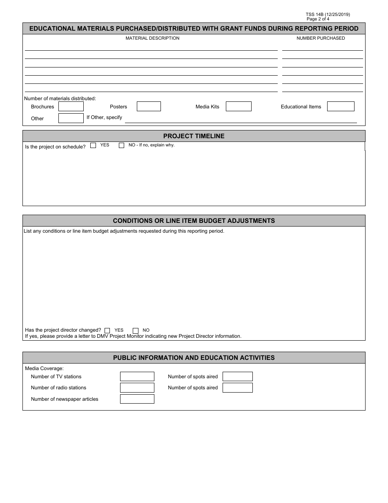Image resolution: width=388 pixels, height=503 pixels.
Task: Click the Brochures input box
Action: [x=71, y=106]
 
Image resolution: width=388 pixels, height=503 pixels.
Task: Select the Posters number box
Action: [x=149, y=106]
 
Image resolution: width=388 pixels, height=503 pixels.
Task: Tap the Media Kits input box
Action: [x=239, y=106]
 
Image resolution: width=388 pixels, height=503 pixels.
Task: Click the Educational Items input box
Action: [x=341, y=106]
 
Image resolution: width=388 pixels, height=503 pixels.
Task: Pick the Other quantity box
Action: [x=71, y=118]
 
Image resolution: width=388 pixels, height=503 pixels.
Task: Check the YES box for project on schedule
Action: [x=93, y=145]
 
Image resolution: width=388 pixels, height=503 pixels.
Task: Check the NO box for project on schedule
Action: [x=121, y=145]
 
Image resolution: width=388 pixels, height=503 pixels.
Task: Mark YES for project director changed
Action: [x=107, y=330]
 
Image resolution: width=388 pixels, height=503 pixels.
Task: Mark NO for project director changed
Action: [x=136, y=330]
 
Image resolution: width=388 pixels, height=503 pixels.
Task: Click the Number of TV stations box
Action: [x=137, y=376]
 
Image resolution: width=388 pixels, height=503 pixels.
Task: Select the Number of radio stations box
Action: [x=137, y=388]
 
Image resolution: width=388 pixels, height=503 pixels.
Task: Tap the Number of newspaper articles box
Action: [x=137, y=399]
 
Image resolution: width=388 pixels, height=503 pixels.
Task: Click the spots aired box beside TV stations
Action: [x=238, y=376]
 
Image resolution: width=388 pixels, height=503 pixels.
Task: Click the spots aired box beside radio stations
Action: [x=238, y=388]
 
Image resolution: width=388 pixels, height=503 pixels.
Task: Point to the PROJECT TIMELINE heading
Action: [x=194, y=136]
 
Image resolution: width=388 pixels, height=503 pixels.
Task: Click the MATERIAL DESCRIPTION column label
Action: [x=152, y=38]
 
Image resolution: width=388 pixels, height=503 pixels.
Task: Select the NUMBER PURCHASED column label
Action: [x=321, y=38]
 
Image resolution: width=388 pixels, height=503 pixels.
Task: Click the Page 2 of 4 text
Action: [x=318, y=19]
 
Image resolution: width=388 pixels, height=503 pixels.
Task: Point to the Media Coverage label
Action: [x=45, y=368]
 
